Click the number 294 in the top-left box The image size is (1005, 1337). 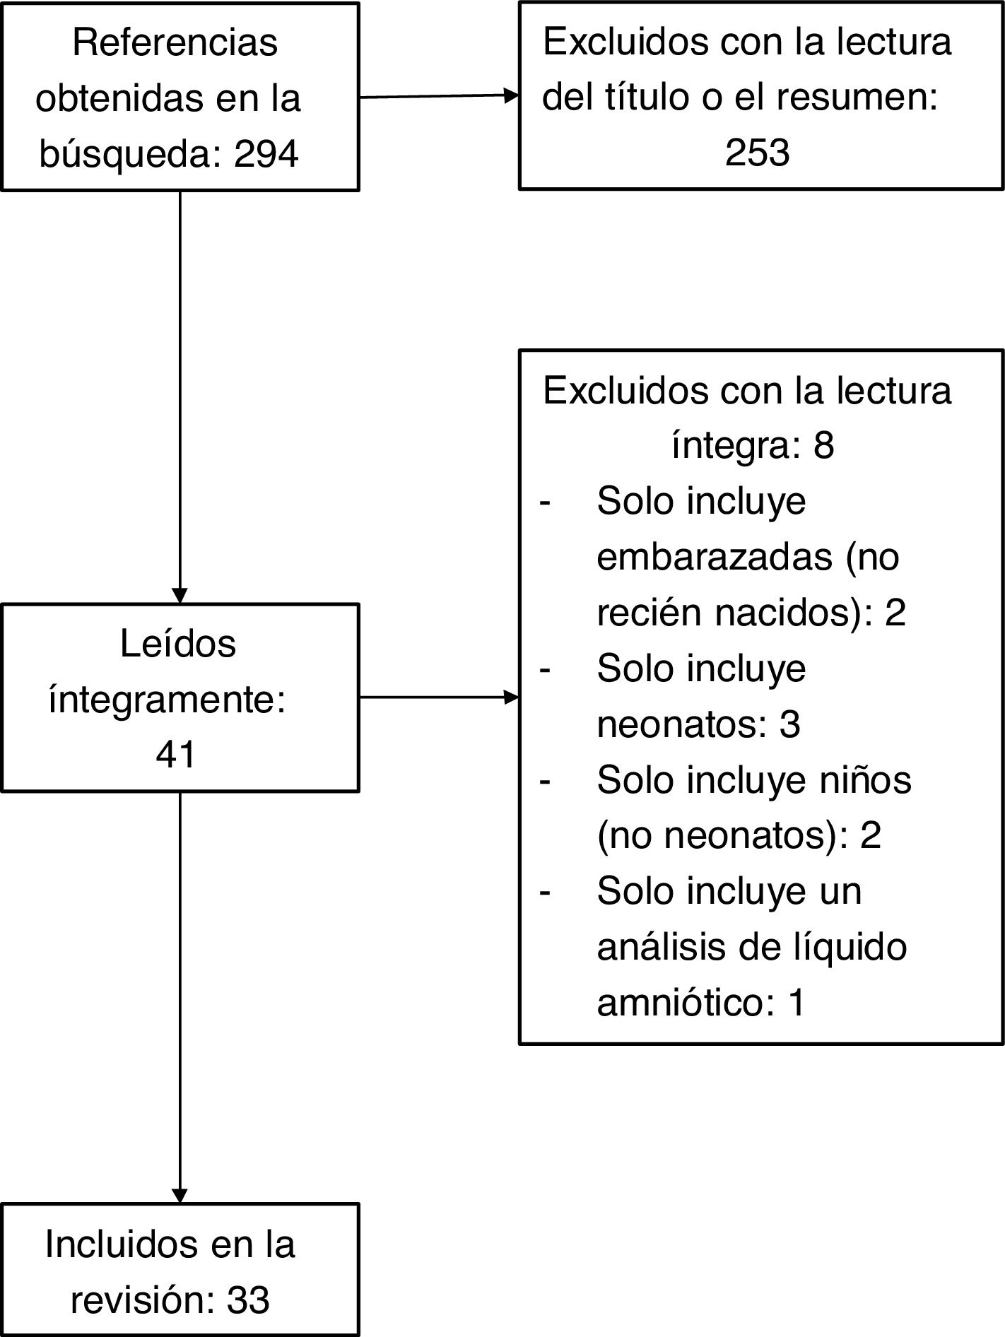[266, 153]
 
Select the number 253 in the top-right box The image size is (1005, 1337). [757, 152]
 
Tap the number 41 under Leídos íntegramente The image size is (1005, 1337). [175, 755]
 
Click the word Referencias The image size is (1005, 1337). [175, 42]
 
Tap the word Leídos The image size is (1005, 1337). [178, 644]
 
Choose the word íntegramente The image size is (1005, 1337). [167, 700]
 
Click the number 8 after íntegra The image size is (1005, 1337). [823, 445]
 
